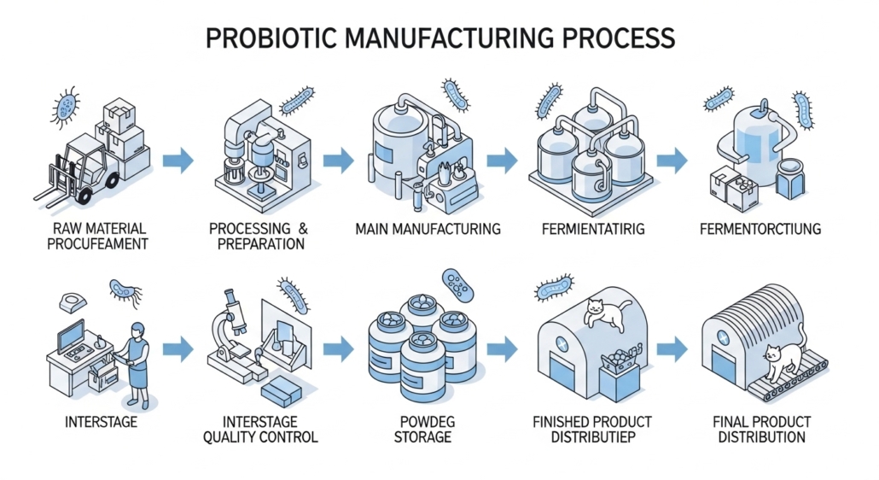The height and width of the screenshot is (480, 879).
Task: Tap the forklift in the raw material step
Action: [x=76, y=169]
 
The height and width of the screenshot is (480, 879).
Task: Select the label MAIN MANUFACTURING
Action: [x=428, y=230]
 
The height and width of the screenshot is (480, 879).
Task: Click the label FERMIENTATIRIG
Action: [x=593, y=230]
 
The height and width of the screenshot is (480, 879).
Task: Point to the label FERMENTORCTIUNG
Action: [x=760, y=230]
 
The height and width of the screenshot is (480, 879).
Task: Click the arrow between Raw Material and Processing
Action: [x=178, y=161]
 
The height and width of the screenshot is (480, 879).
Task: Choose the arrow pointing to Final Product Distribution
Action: [x=672, y=348]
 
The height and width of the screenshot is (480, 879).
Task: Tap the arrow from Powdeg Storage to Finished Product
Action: [x=503, y=348]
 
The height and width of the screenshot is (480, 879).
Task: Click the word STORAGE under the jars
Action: [x=422, y=437]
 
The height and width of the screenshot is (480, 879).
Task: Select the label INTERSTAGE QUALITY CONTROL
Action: [x=260, y=430]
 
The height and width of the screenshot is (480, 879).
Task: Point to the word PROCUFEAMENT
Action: [x=97, y=244]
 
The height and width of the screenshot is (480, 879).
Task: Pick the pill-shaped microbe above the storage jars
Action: [x=457, y=284]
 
